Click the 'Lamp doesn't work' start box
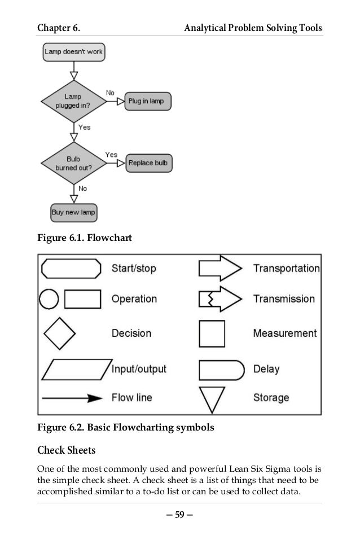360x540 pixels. (x=73, y=52)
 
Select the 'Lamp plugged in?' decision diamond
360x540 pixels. (x=73, y=101)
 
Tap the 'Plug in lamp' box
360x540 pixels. (x=147, y=101)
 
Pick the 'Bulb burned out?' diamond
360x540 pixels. (x=73, y=163)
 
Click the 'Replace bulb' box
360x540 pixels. (x=148, y=163)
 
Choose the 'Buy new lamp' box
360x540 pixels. (x=73, y=213)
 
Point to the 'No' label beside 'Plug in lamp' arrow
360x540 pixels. (x=111, y=92)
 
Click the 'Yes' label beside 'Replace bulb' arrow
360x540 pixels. (x=111, y=154)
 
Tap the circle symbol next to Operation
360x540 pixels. (x=49, y=299)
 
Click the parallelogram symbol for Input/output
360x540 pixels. (x=77, y=370)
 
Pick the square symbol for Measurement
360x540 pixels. (x=212, y=333)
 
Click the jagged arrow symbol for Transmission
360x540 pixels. (x=219, y=299)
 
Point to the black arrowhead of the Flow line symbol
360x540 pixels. (x=94, y=398)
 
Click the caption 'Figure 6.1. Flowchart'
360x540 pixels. (x=84, y=238)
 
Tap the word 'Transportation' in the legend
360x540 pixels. (x=286, y=269)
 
